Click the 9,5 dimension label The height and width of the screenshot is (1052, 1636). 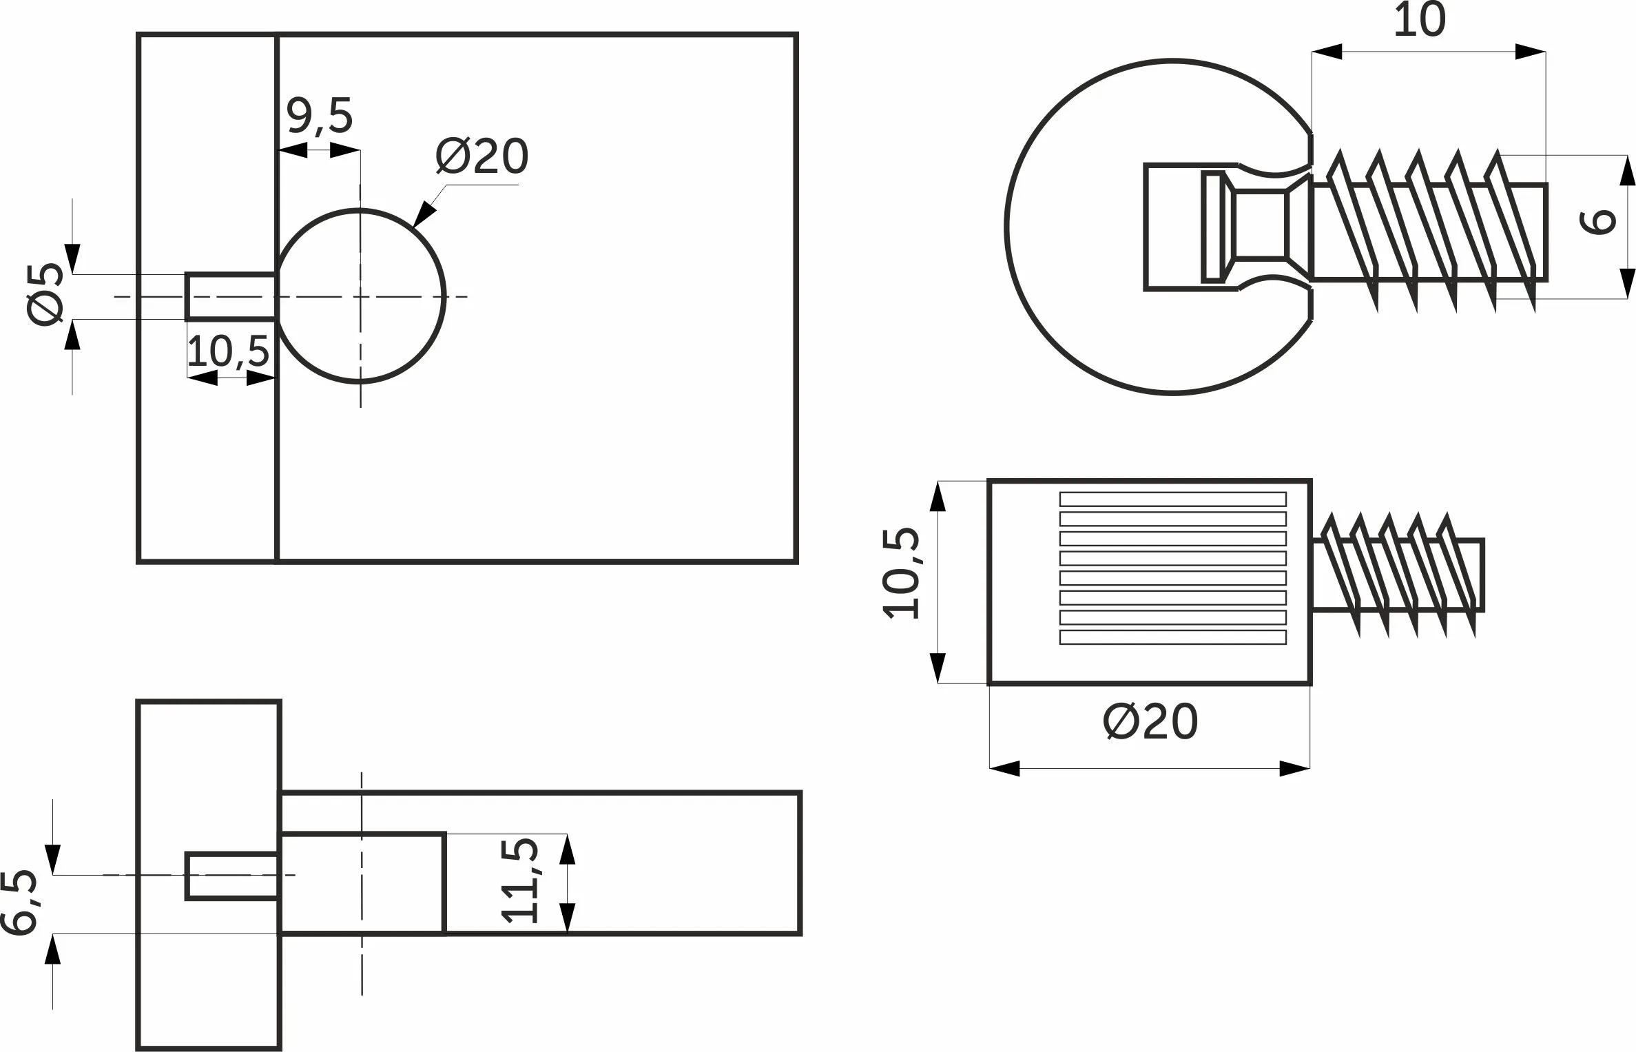click(320, 116)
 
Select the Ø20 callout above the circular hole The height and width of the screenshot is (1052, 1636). click(482, 156)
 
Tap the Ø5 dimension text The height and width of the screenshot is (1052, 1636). click(45, 295)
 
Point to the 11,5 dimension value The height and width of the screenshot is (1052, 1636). click(520, 880)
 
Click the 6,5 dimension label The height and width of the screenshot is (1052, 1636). click(19, 903)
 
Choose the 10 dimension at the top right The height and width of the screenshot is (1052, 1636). click(1420, 21)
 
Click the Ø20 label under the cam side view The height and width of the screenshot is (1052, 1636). click(1150, 722)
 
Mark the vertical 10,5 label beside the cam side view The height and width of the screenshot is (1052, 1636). click(901, 573)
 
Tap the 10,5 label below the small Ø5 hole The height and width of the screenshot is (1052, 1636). click(228, 351)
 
